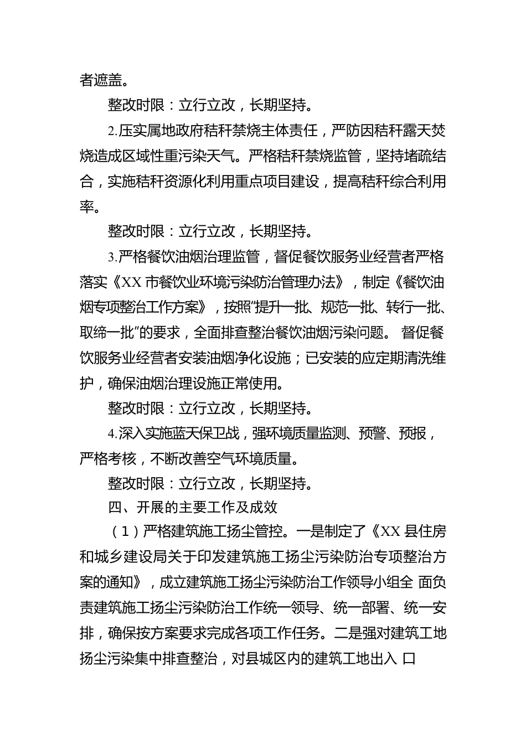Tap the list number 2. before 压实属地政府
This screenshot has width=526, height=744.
(112, 131)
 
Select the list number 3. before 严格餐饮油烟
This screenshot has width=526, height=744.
(112, 257)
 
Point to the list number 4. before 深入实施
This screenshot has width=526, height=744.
(112, 433)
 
